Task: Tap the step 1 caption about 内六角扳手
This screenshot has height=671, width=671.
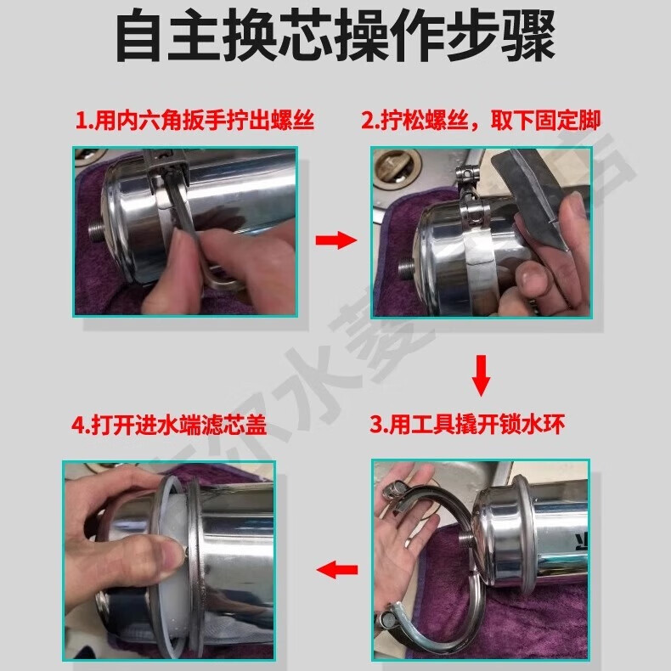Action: point(195,121)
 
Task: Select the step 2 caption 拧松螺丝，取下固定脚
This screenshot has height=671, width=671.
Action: point(480,121)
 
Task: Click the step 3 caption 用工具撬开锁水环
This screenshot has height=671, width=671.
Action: point(465,424)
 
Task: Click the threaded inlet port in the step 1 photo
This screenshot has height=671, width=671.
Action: point(94,228)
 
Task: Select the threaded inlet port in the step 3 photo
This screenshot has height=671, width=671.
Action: point(466,539)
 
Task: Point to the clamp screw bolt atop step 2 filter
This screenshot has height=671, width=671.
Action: point(465,178)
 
